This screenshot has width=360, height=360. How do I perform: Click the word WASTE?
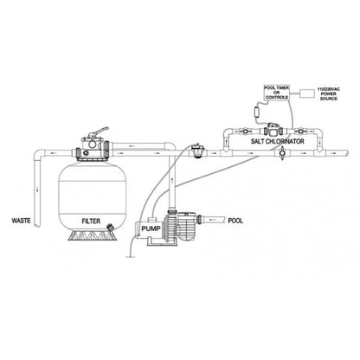21,221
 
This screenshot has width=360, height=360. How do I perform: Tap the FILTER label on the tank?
91,222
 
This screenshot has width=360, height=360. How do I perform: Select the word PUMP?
151,228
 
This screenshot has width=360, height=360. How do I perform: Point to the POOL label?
235,221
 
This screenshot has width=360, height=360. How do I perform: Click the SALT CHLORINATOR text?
277,141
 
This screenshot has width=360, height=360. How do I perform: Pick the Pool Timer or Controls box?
277,93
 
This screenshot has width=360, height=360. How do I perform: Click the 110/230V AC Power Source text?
328,93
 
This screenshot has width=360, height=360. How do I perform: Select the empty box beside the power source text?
307,93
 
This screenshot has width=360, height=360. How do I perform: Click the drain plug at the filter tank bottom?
110,228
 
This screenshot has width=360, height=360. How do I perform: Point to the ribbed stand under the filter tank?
93,235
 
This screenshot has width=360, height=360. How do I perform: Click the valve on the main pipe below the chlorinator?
282,152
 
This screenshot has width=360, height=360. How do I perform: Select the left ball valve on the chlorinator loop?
245,132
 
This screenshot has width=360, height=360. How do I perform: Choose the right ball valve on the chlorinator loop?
301,132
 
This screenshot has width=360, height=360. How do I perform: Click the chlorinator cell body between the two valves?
273,131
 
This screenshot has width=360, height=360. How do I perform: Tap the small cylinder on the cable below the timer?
256,112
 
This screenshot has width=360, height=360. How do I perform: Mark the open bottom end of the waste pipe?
37,226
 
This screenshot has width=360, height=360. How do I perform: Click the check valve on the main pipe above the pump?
197,151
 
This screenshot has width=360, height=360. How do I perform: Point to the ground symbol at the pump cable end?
131,256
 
